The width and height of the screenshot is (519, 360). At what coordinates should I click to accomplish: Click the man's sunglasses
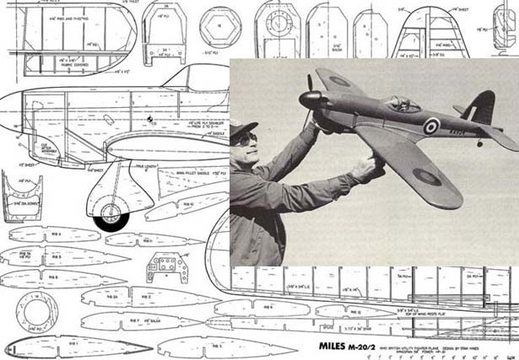[x=245, y=138]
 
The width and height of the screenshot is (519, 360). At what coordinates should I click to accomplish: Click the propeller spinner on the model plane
[x=309, y=99]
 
